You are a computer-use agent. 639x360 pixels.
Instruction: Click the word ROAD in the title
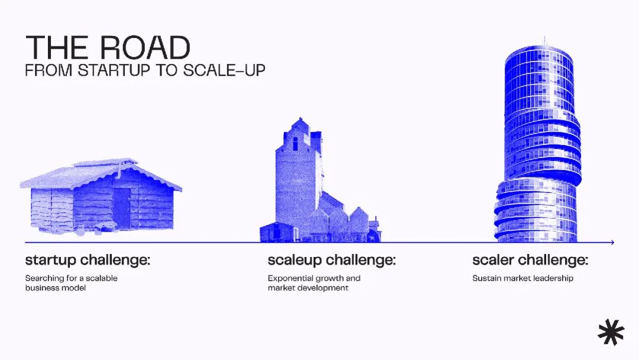(x=145, y=48)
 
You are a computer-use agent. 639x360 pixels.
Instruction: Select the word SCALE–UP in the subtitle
(x=224, y=70)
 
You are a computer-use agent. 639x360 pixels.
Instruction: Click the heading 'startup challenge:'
(x=88, y=260)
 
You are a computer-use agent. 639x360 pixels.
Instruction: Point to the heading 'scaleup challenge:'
(x=332, y=260)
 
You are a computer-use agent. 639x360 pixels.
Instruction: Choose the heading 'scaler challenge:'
(x=530, y=260)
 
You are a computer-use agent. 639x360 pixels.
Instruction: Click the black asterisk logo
(x=611, y=332)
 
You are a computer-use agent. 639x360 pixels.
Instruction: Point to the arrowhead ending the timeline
(x=612, y=243)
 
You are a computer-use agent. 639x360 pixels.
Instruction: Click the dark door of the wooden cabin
(x=121, y=207)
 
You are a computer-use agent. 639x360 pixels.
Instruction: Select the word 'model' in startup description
(x=75, y=288)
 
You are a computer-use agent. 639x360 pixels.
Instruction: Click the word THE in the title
(x=56, y=48)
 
